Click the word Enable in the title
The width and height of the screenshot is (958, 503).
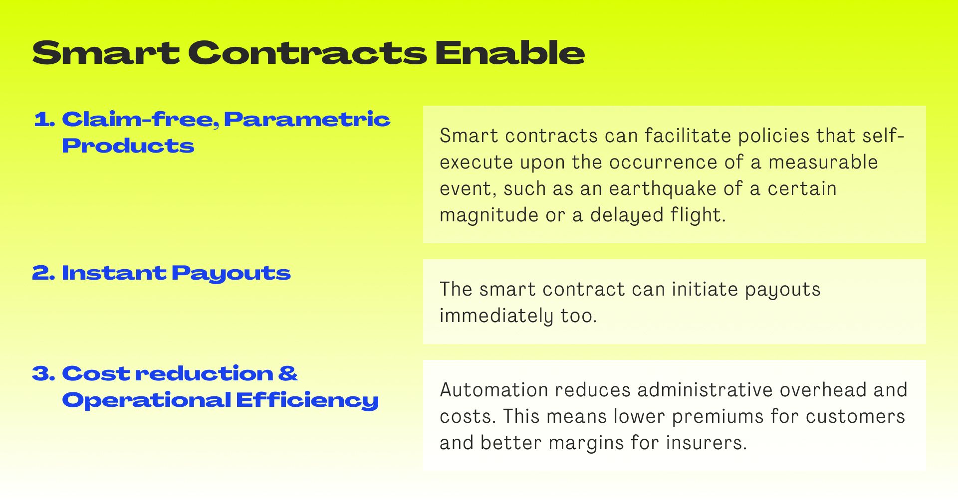509,52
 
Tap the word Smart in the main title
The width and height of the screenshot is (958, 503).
106,53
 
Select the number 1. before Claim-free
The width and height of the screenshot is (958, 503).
44,119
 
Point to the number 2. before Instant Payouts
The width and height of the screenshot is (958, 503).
43,273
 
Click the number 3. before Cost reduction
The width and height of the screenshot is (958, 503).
43,373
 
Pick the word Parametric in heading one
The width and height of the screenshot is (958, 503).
307,119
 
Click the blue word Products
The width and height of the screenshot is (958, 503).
128,146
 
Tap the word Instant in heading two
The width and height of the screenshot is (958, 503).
114,273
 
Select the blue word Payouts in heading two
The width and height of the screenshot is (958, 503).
231,274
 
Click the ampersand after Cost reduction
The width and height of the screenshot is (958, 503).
288,373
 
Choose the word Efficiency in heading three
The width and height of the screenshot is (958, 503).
307,400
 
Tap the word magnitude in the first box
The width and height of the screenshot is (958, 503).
488,215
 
